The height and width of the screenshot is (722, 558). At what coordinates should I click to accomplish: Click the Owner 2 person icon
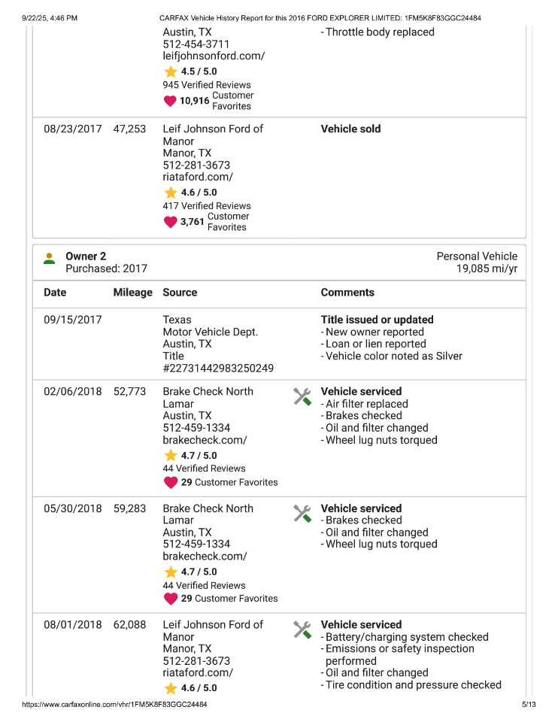49,258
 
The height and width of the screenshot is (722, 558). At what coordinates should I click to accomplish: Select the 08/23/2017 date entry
72,129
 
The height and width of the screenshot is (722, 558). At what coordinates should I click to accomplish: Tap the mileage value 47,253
129,129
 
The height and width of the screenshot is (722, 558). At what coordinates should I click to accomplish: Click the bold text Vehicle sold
350,129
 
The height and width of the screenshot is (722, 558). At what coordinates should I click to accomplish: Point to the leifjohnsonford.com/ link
214,56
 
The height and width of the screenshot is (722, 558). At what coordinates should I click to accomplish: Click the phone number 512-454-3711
196,44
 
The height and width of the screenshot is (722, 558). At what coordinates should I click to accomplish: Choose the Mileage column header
132,293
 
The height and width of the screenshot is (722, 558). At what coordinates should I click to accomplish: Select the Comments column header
347,293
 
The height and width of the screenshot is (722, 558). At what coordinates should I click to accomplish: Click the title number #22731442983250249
218,369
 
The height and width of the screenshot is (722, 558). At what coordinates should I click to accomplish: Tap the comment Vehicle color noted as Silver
394,356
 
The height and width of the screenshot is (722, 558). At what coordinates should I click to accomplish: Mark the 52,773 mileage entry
129,392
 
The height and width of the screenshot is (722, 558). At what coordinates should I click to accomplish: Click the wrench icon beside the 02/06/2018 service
302,396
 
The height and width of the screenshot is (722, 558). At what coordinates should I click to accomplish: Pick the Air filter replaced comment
367,404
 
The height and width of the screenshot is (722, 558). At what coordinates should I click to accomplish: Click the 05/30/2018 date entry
72,509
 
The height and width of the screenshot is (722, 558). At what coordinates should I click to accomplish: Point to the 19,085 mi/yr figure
487,268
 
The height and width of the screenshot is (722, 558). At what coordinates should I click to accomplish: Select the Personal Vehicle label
477,256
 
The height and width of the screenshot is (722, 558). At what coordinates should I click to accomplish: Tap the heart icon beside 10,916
170,101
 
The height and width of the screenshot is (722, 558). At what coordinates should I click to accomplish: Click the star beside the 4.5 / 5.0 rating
170,71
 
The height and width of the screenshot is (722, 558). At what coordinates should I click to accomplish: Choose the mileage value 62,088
129,625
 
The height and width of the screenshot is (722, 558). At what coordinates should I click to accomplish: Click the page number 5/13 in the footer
529,705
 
